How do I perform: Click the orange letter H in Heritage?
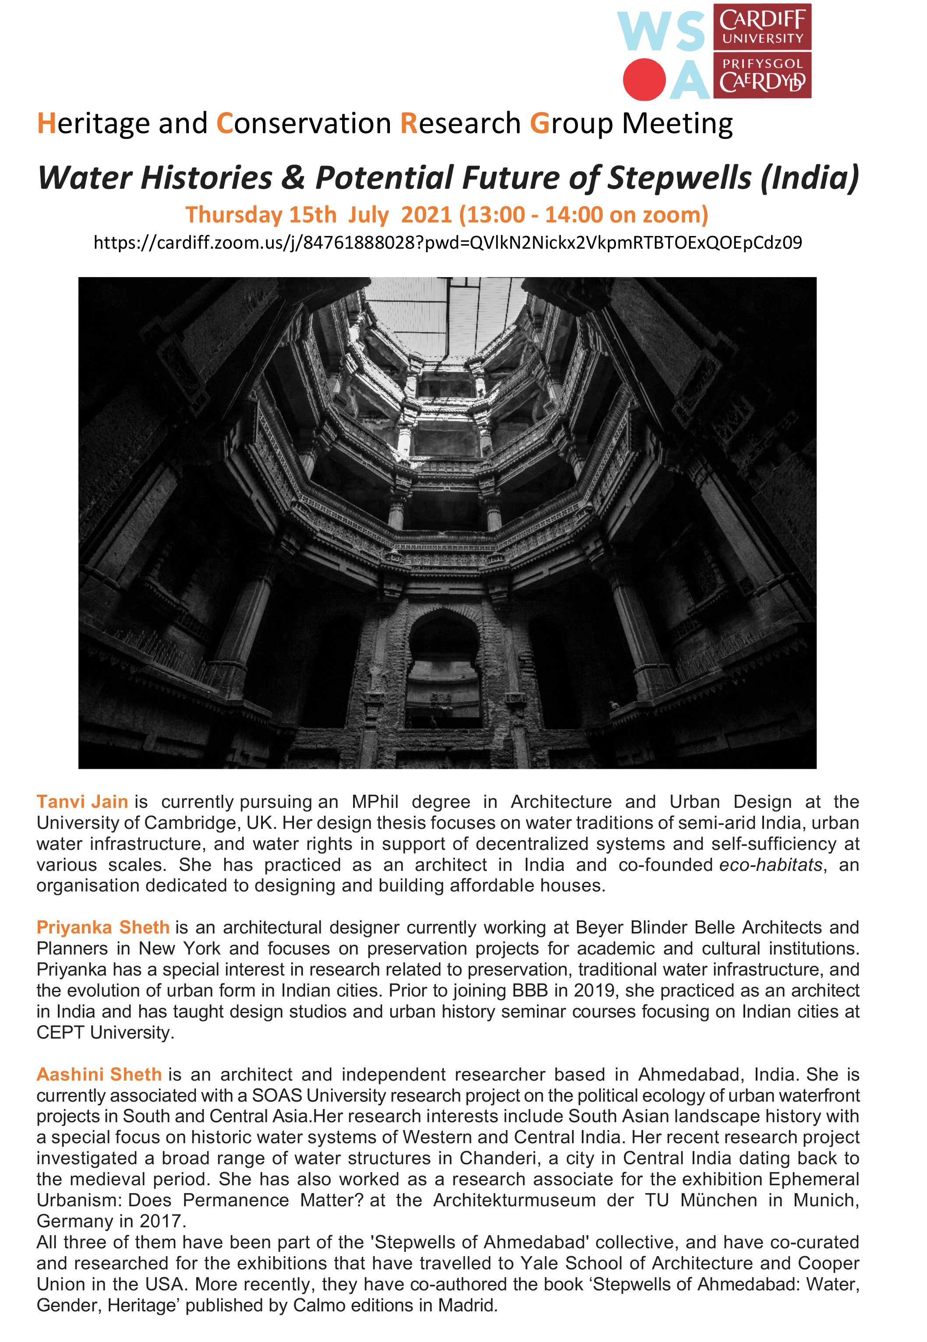pos(46,123)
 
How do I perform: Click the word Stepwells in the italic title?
pos(679,178)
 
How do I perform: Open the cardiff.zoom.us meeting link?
pos(447,243)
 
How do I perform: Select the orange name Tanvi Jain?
pos(82,802)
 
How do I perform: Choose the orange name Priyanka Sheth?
pos(103,927)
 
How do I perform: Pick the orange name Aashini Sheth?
pos(99,1074)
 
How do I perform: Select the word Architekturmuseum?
pos(514,1201)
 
